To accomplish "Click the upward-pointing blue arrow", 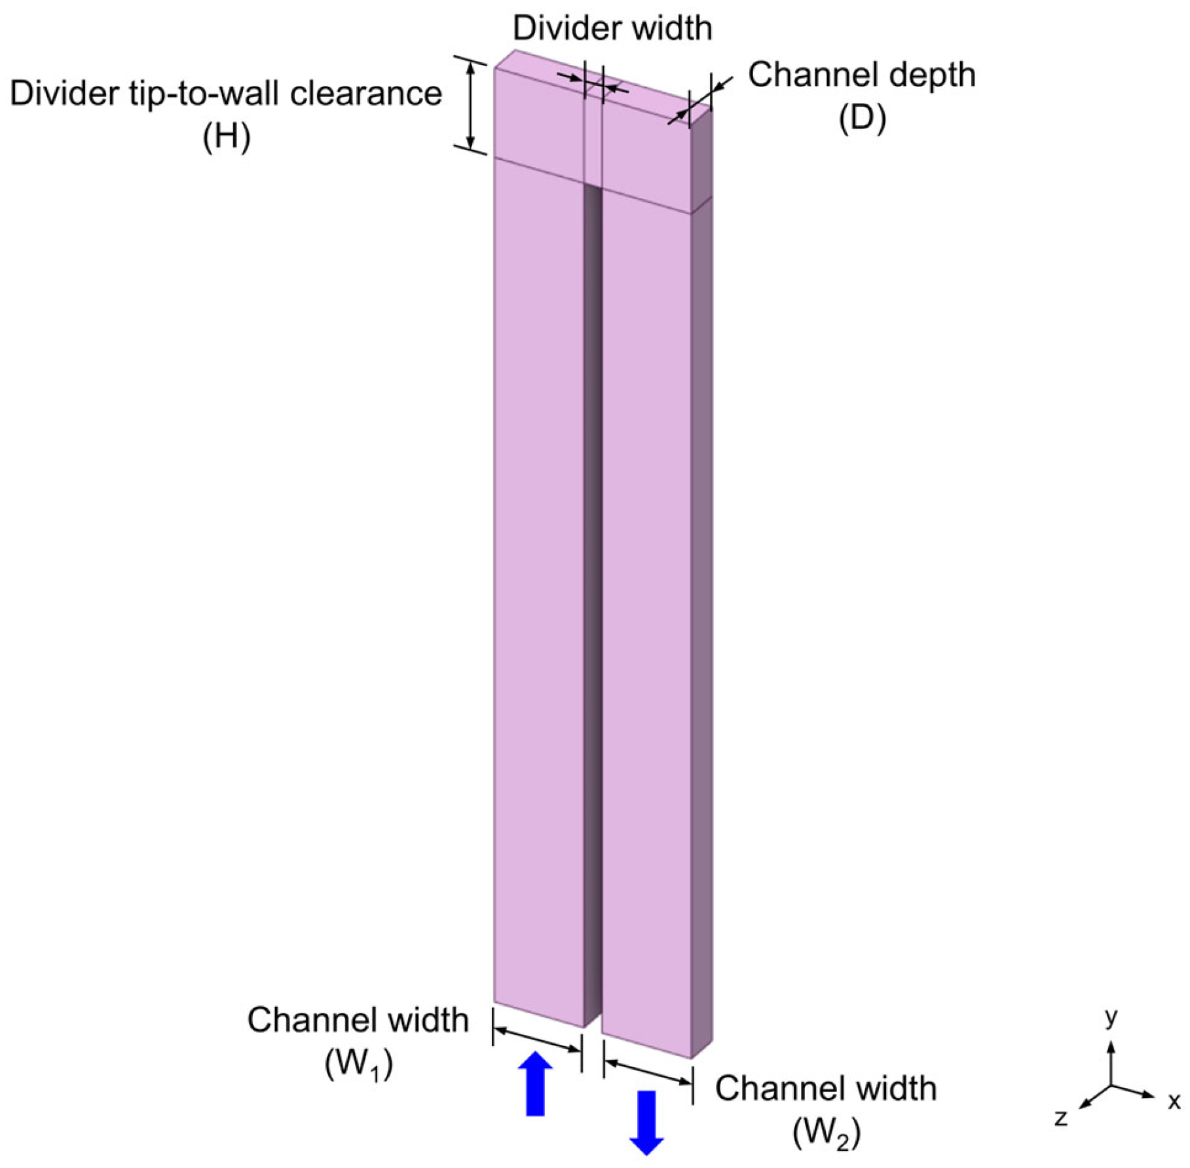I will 535,1084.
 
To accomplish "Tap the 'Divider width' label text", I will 612,28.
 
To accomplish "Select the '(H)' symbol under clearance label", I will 226,138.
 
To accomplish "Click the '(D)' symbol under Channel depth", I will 862,118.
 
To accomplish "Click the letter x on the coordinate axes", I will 1174,1101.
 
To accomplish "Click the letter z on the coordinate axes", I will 1061,1117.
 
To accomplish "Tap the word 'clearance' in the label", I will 365,94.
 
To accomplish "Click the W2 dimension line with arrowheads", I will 648,1072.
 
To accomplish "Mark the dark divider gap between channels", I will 593,590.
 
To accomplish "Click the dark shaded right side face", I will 701,590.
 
